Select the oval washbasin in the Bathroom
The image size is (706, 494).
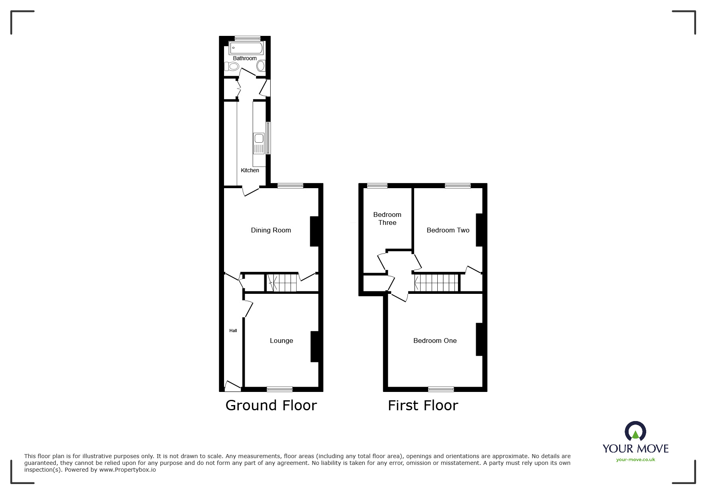261,66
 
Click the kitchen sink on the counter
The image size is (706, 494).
259,139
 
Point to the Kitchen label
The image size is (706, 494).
250,170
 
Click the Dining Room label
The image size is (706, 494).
271,230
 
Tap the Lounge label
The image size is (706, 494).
281,340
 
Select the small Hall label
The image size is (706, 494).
233,331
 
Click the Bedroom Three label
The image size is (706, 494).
387,218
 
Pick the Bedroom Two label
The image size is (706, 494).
448,230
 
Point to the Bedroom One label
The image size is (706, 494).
435,340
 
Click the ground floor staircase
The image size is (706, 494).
282,283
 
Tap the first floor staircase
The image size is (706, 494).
437,283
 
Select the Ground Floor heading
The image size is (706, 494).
271,405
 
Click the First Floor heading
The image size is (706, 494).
423,405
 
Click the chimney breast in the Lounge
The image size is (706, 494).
314,346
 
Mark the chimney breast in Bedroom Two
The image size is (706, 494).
479,230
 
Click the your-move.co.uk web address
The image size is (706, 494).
635,460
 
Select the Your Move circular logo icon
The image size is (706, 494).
635,431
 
